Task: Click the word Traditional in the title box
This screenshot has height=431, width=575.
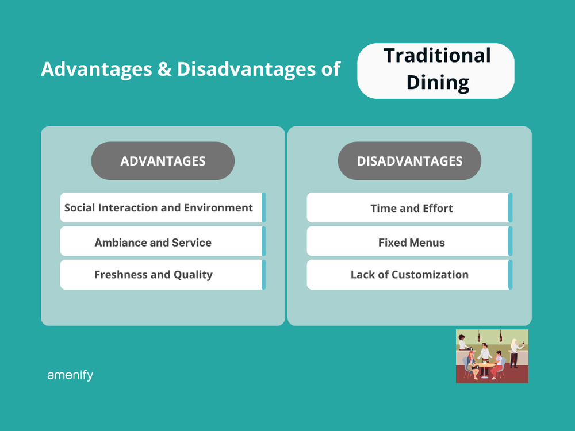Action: [x=437, y=56]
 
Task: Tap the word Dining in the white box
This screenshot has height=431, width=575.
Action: [x=437, y=82]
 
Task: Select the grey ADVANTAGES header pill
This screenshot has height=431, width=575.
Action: [x=163, y=161]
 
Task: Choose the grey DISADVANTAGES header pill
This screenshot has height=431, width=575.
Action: [x=409, y=161]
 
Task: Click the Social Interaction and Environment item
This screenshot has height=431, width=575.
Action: [x=159, y=207]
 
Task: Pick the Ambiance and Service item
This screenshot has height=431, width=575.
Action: [x=153, y=243]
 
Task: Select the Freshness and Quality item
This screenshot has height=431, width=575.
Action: [x=154, y=275]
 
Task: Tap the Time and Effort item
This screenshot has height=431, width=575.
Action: [x=412, y=208]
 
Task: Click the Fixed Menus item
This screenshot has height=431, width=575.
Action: [x=412, y=243]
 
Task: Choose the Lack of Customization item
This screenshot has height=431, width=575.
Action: [x=409, y=275]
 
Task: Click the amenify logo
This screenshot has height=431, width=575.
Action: [x=70, y=375]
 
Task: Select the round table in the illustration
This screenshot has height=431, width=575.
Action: [x=485, y=364]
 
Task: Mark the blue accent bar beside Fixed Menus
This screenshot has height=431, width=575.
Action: [x=510, y=241]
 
